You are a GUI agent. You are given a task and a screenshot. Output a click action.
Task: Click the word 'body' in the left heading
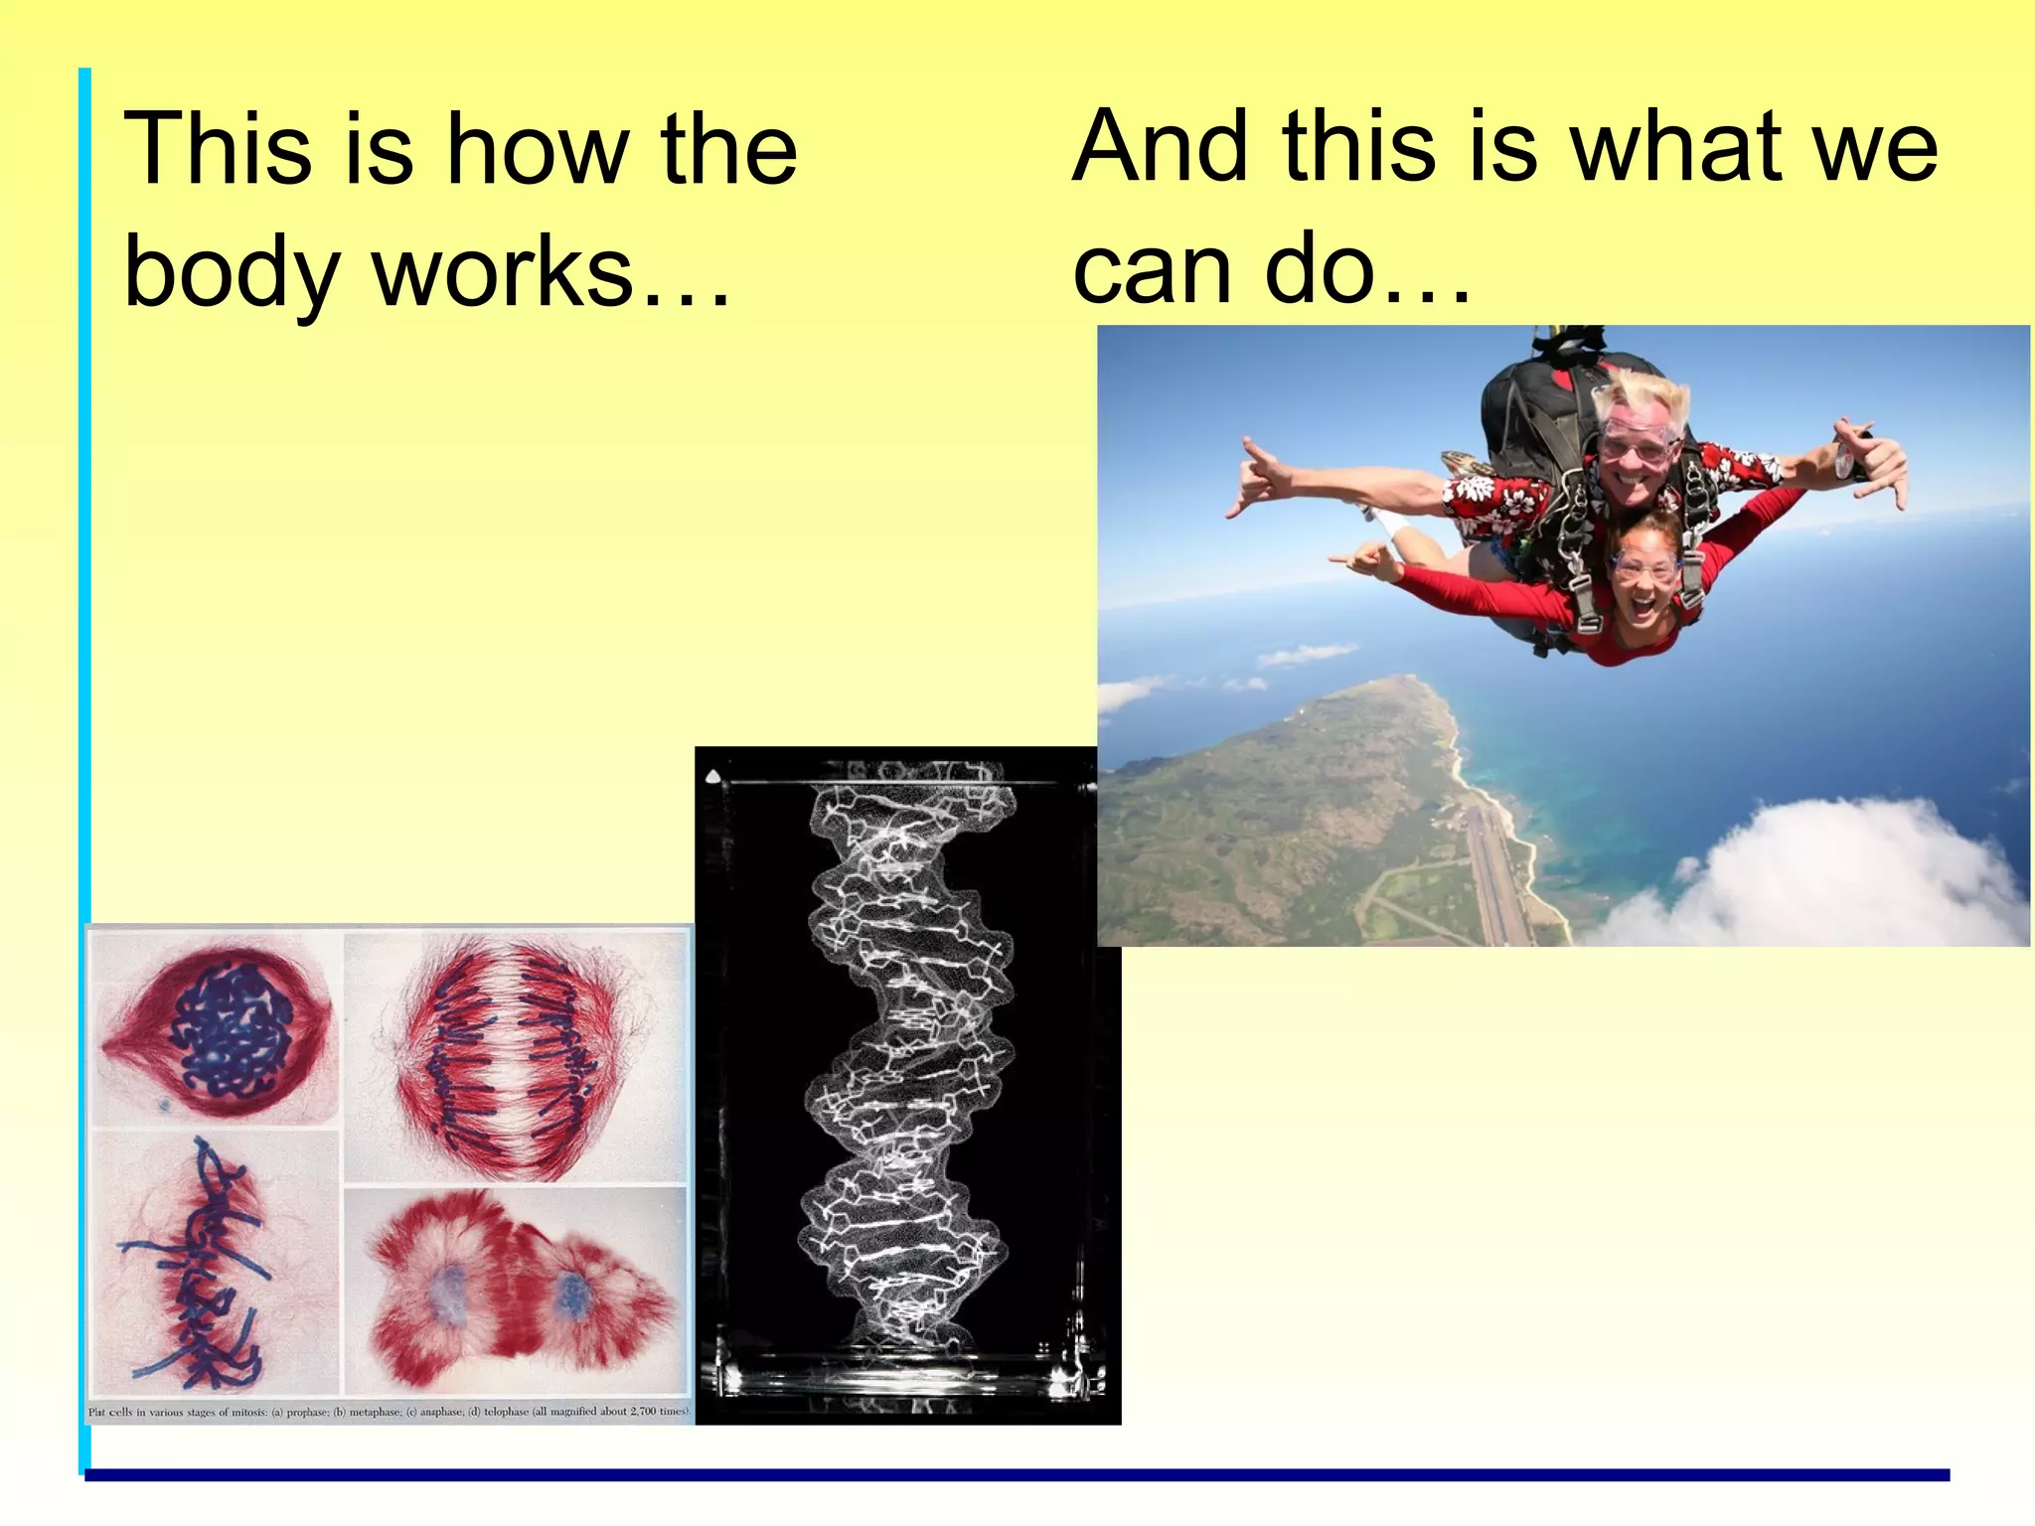pyautogui.click(x=232, y=274)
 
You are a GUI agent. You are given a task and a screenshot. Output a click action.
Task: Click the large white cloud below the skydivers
pyautogui.click(x=1828, y=874)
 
